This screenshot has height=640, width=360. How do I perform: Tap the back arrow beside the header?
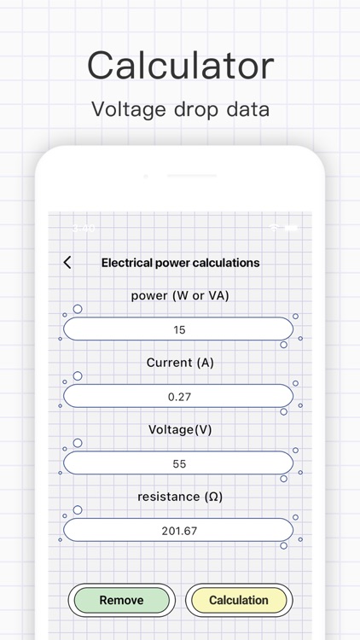(67, 263)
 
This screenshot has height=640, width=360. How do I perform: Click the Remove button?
(121, 600)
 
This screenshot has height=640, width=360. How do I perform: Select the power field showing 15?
(178, 329)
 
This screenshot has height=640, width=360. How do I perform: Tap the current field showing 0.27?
(178, 396)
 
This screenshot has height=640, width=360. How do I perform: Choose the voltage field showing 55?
(178, 463)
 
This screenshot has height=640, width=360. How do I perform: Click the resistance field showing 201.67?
(178, 530)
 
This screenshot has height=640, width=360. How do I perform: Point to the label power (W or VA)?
(180, 296)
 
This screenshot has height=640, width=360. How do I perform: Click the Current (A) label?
(180, 363)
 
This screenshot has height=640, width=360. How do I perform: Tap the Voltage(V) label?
(180, 429)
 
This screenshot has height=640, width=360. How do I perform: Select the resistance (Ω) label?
(180, 496)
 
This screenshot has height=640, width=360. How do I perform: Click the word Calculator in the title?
(180, 66)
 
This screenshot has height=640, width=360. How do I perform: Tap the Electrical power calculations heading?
(180, 263)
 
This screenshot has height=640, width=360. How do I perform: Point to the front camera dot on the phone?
(145, 177)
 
